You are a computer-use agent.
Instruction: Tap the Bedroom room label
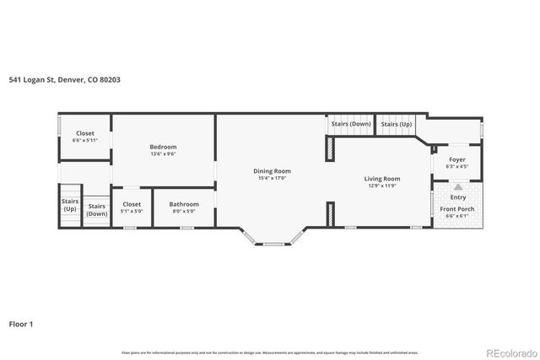[163, 147]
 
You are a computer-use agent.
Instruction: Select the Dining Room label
[271, 171]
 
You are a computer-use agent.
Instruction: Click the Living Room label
[381, 178]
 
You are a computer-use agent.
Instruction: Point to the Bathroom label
[183, 204]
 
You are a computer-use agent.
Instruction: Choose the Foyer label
[456, 159]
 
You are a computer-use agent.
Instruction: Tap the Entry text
[457, 198]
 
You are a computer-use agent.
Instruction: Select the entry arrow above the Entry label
[457, 188]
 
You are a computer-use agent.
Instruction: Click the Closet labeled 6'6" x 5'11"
[85, 133]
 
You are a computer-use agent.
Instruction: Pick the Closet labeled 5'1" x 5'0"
[132, 204]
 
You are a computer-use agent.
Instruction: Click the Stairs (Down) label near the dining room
[350, 124]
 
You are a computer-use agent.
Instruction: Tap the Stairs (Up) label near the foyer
[396, 124]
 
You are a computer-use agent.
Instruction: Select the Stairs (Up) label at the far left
[69, 205]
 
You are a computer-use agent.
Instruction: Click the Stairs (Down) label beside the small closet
[97, 210]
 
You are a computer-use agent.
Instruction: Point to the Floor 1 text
[22, 323]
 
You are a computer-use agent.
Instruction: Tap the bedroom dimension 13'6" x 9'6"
[163, 154]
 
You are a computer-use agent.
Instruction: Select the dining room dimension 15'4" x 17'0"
[271, 179]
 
